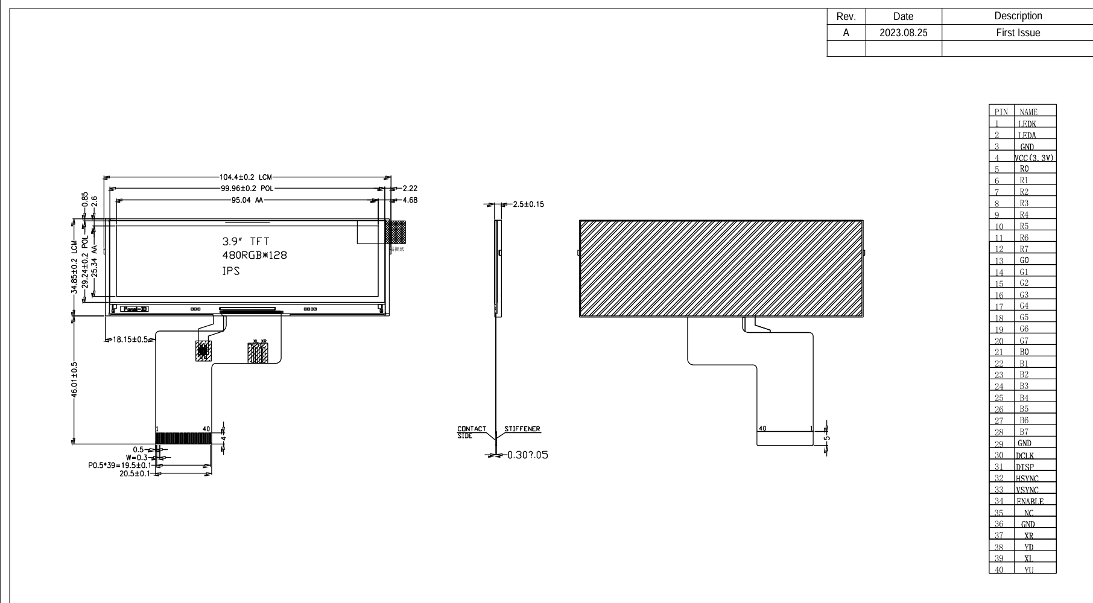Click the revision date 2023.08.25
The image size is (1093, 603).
coord(903,33)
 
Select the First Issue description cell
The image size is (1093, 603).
coord(1018,33)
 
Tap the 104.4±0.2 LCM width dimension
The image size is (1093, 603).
coord(246,177)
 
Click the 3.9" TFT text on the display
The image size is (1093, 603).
coord(246,242)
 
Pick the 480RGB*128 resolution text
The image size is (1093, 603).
coord(255,255)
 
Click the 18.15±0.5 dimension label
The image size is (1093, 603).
coord(130,340)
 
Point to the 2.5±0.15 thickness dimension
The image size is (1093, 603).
coord(528,204)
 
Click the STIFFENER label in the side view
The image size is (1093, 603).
coord(522,429)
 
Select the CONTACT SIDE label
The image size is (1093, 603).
coord(471,432)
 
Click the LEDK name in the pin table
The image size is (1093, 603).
coord(1027,124)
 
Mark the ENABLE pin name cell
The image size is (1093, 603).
coord(1030,502)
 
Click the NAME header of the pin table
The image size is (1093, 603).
coord(1028,112)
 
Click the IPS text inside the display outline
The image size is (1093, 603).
coord(231,271)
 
